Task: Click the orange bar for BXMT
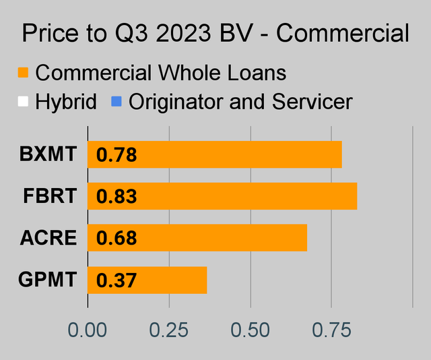[215, 155]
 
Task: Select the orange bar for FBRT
[223, 196]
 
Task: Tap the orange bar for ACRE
[198, 238]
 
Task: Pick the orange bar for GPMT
[147, 280]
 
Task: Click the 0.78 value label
[117, 156]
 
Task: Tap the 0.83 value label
[117, 197]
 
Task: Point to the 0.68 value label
[117, 239]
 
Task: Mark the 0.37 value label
[117, 280]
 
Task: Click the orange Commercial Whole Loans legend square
[24, 72]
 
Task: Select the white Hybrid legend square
[24, 102]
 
